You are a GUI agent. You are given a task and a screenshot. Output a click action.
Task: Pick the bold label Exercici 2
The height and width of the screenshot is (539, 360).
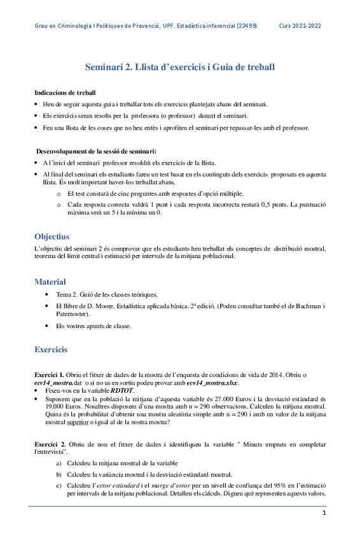[50, 440]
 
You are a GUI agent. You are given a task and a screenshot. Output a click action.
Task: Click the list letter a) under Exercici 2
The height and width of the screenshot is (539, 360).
[59, 463]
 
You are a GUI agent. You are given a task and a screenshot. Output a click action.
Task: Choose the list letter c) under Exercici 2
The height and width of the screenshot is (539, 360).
[59, 486]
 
